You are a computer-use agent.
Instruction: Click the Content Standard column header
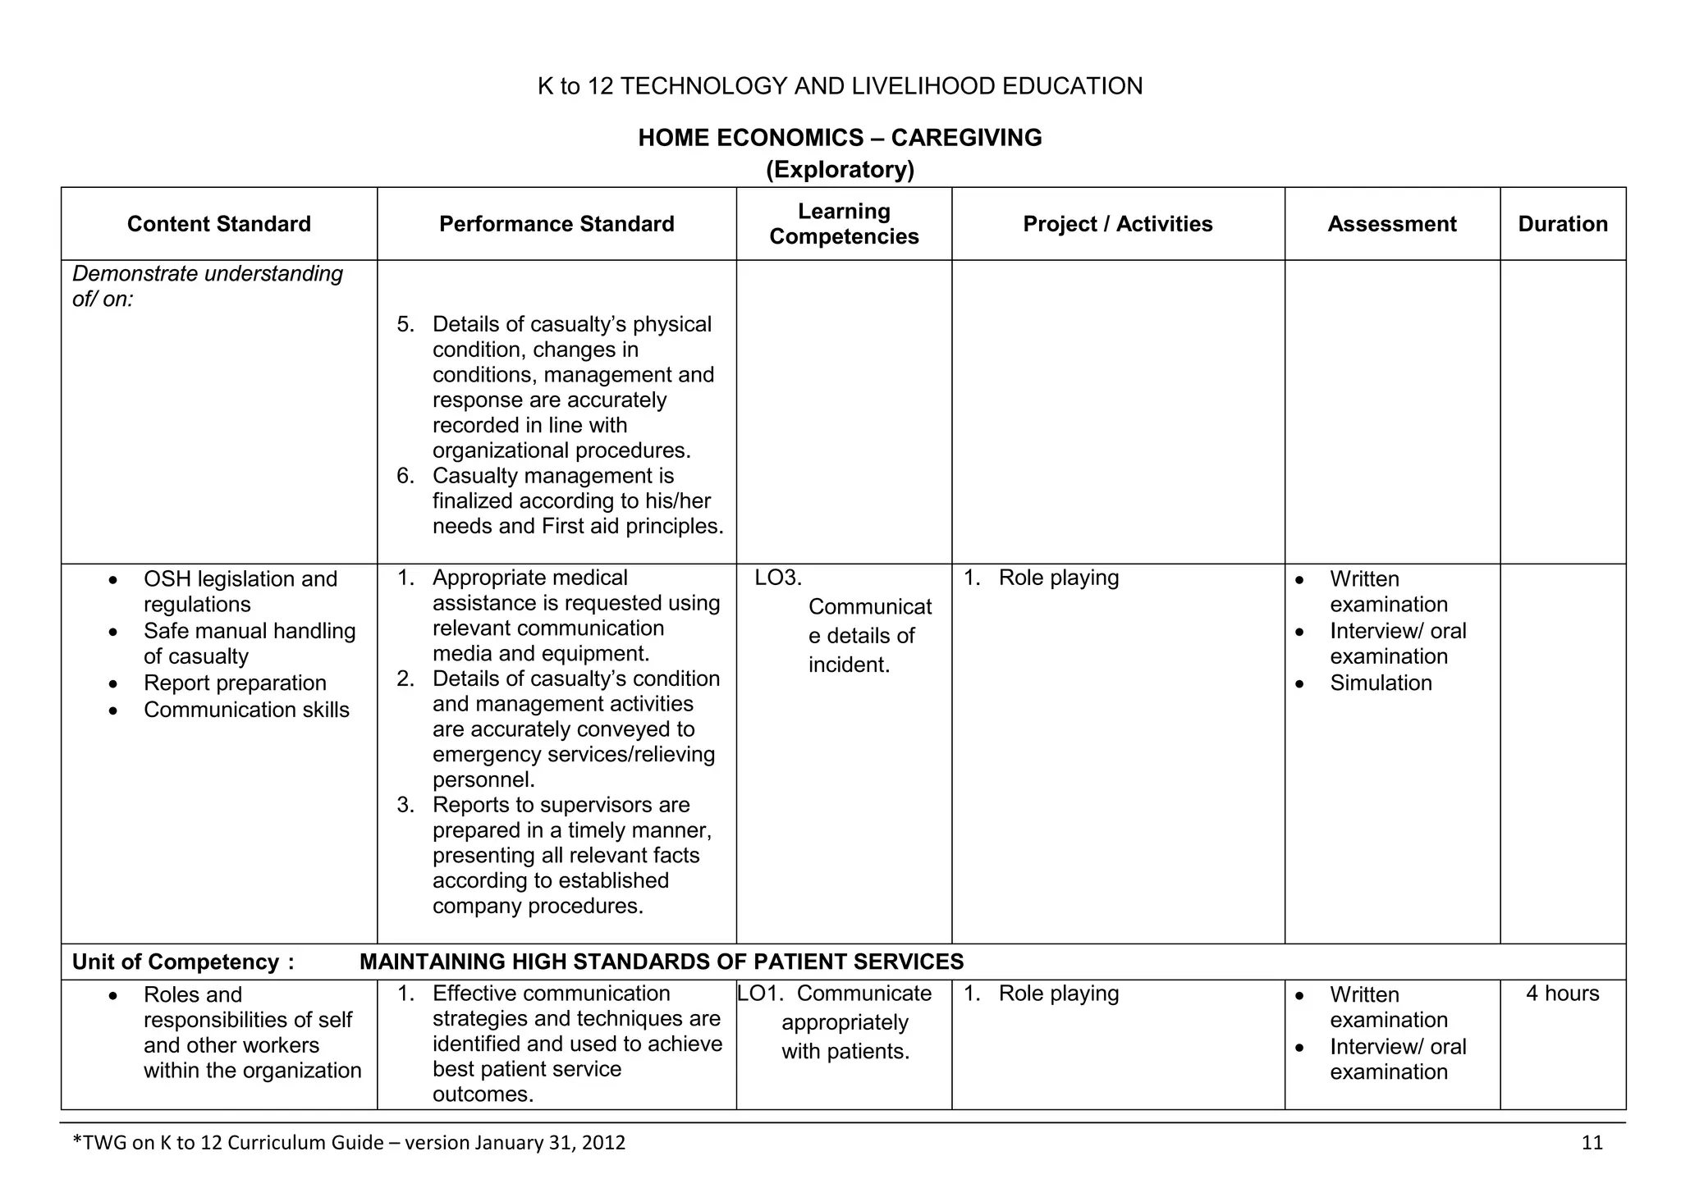point(218,224)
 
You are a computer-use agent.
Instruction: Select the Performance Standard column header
point(557,224)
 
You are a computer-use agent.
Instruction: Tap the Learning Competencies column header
point(844,224)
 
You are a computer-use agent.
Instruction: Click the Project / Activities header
point(1117,224)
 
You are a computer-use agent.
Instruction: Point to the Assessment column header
point(1391,224)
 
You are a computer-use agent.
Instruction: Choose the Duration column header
point(1562,224)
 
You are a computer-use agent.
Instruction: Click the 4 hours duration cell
point(1562,994)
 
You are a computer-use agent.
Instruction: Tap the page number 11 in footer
point(1592,1143)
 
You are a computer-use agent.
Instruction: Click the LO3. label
point(777,578)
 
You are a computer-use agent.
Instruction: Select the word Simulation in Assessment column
point(1381,683)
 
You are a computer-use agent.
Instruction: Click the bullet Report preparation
point(235,683)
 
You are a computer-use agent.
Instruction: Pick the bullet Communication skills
point(246,710)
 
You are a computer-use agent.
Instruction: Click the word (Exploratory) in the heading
point(840,170)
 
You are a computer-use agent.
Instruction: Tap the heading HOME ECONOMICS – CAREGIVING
point(840,137)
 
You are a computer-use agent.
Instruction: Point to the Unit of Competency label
point(182,962)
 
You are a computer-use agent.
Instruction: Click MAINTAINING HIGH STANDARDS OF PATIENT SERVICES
point(661,962)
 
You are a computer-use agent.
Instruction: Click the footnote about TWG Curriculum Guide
point(349,1143)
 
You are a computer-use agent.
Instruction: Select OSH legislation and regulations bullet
point(240,592)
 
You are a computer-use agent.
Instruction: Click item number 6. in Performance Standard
point(405,476)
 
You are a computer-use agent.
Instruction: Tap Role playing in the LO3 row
point(1058,578)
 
